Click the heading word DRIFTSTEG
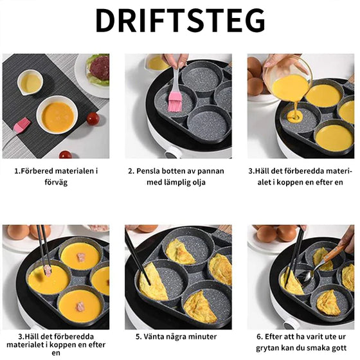point(180,21)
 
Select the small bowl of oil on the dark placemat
point(30,82)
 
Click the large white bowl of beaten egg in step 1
point(57,116)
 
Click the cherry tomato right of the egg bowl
point(93,119)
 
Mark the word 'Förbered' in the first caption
point(40,172)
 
